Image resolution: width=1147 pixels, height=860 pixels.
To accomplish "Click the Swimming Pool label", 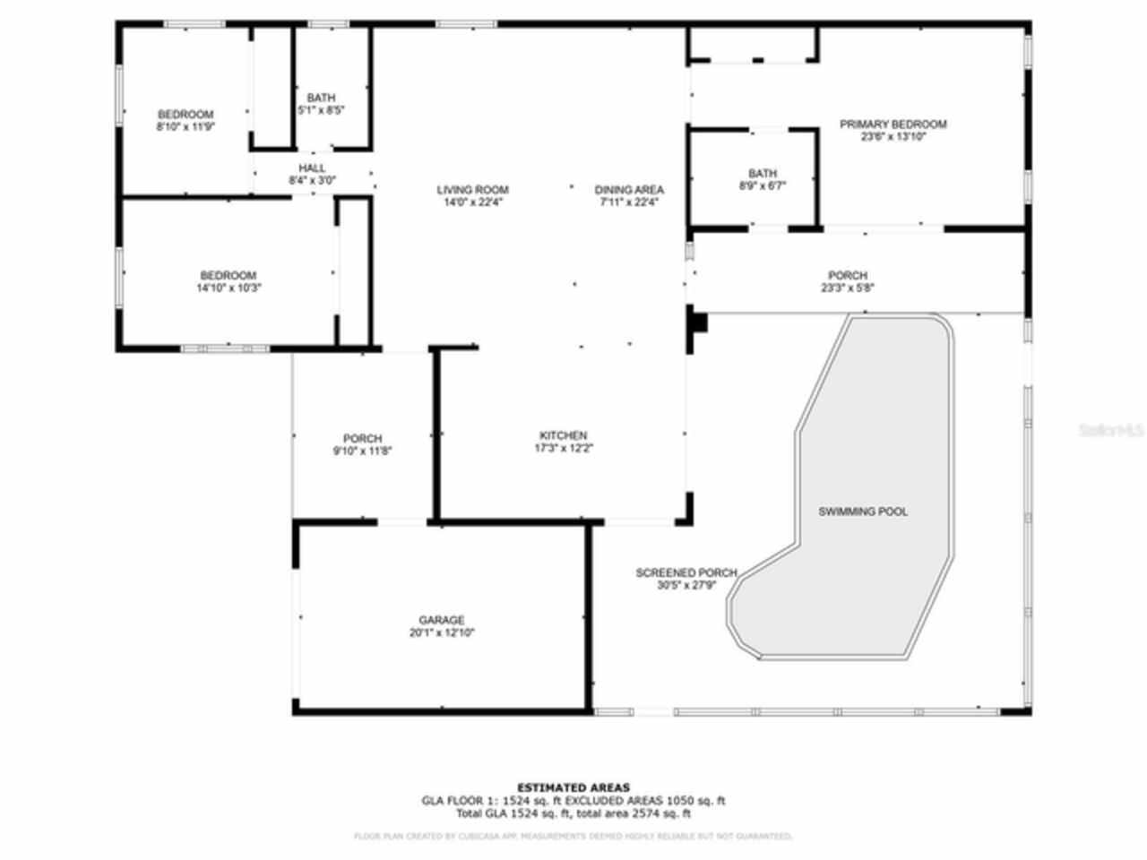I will (x=862, y=512).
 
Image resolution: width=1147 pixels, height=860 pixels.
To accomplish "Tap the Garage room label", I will (x=442, y=620).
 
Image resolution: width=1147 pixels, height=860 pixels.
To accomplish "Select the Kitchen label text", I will (x=564, y=435).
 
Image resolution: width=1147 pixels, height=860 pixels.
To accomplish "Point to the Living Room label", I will (x=472, y=190).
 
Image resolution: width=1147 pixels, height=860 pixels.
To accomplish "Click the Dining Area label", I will (x=629, y=190).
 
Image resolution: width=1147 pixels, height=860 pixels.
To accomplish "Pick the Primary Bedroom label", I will (x=893, y=125).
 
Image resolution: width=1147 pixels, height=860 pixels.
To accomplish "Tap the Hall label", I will (x=312, y=168).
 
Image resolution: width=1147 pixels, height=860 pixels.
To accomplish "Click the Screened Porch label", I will (x=686, y=573).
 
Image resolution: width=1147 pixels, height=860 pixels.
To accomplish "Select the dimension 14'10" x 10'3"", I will (x=229, y=288).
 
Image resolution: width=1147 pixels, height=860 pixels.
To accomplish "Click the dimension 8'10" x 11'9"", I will (x=185, y=126).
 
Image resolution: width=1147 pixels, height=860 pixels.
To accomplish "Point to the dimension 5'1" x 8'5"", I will (x=321, y=109).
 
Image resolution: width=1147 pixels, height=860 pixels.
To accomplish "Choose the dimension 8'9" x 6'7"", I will (x=763, y=185).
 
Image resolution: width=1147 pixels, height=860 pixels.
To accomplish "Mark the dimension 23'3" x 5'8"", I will (x=847, y=288).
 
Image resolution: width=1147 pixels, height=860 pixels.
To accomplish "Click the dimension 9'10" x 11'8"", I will (x=362, y=451).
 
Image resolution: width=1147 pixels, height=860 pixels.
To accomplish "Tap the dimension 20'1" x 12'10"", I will (x=442, y=632).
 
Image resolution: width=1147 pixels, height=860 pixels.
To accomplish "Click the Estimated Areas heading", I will (x=573, y=788).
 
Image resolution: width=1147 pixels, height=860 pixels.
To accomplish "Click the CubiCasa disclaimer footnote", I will (x=573, y=836).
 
